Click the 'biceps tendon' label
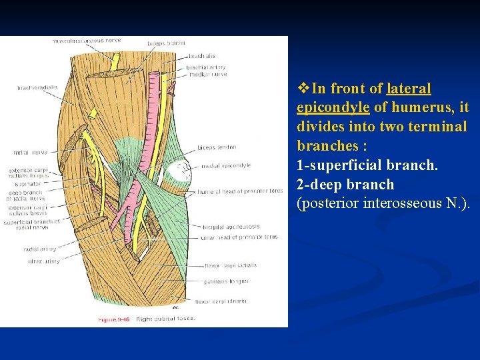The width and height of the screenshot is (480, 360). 217,147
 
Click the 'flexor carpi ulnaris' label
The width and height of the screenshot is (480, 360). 225,301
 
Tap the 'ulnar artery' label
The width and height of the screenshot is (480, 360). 44,261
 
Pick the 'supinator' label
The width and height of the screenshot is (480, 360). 29,183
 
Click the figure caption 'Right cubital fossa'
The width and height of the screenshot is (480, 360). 165,319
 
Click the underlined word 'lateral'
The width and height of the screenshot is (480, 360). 409,89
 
